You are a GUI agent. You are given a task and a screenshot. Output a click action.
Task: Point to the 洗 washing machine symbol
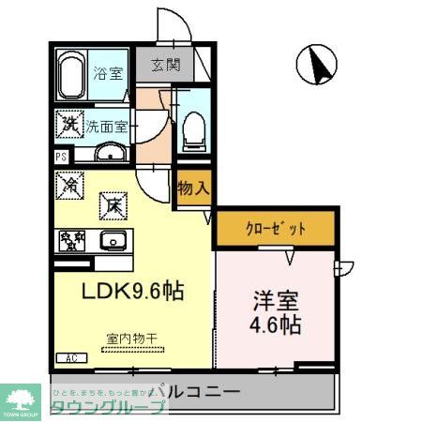[69, 121]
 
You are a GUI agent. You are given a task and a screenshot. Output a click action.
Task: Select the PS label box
[61, 158]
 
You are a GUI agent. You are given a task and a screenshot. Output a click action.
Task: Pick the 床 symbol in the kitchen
[111, 201]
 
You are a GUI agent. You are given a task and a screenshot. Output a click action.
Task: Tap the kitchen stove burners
[72, 240]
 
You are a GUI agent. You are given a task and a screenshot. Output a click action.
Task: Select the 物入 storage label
[193, 188]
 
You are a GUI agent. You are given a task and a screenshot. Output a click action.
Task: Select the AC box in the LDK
[70, 358]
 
